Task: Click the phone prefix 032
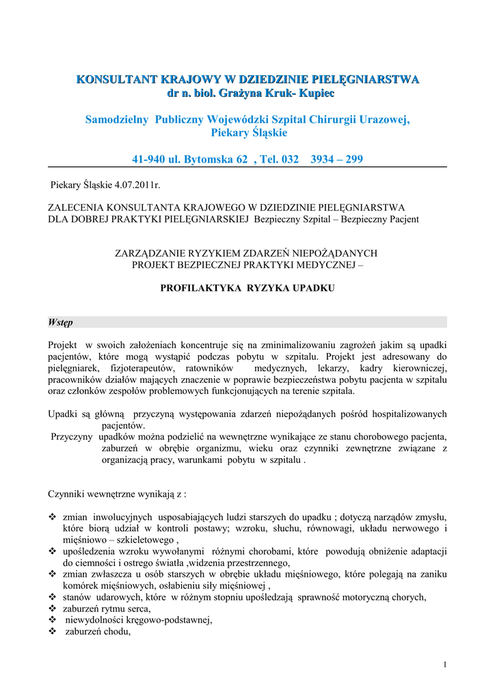click(290, 160)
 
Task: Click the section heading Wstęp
click(61, 322)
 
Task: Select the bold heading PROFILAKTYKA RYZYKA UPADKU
click(247, 288)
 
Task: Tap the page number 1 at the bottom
click(444, 665)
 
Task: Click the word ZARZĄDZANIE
click(155, 253)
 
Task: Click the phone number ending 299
click(336, 160)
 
